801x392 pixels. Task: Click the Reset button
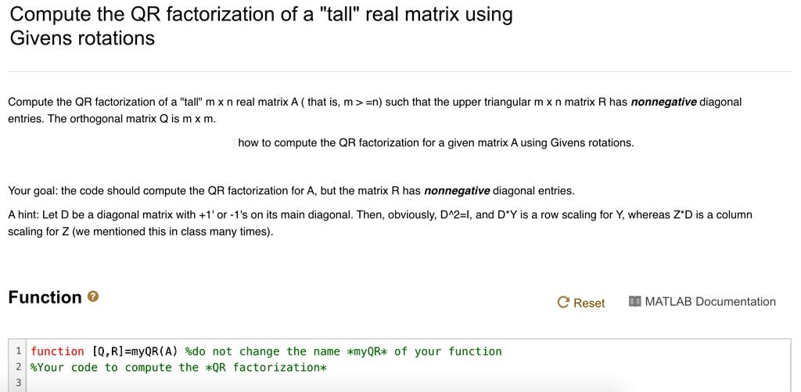581,303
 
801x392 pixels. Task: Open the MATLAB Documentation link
702,301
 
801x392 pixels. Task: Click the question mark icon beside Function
93,297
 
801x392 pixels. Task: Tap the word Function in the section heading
45,297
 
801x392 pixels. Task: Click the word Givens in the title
41,38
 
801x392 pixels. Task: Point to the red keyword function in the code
57,351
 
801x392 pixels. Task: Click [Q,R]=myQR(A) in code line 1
135,351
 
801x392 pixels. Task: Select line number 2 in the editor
19,368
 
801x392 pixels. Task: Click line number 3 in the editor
19,383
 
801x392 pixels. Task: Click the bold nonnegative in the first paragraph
663,102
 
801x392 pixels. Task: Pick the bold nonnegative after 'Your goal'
457,191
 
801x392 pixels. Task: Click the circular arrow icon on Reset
563,303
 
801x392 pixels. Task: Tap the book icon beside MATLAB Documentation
635,301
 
